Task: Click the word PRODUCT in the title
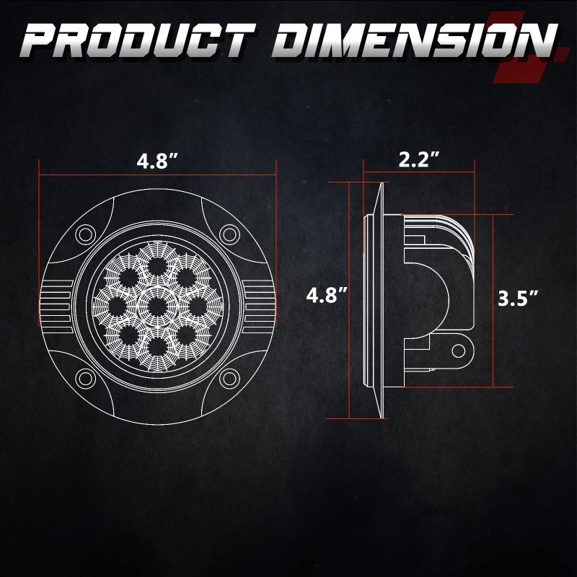pos(137,40)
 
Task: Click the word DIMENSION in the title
pos(415,40)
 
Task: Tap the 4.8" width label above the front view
pos(157,161)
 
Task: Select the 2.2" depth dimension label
pos(419,159)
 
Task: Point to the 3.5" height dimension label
pos(518,298)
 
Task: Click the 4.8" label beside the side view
pos(327,295)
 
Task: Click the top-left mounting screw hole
pos(85,234)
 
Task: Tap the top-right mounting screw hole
pos(229,234)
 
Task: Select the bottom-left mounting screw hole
pos(85,378)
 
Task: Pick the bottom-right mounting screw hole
pos(229,378)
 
